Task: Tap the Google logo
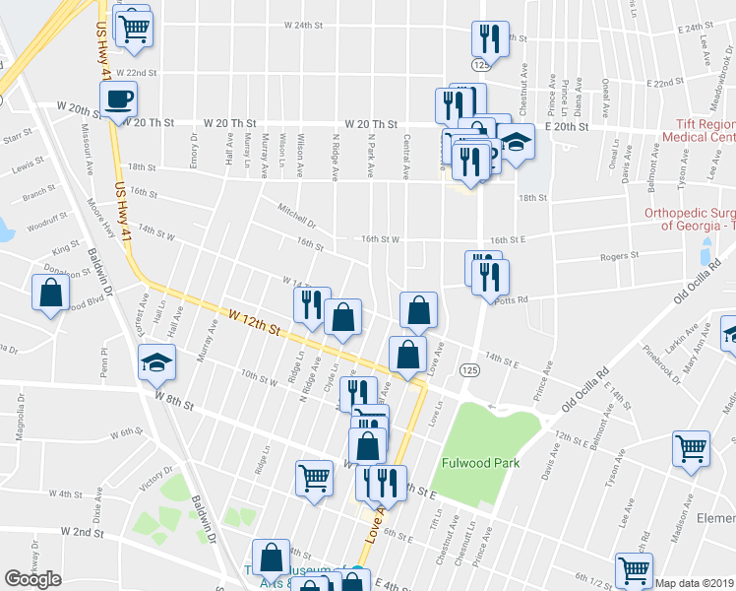pyautogui.click(x=32, y=579)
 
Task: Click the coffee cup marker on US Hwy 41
pyautogui.click(x=118, y=98)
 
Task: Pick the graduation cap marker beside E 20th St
pyautogui.click(x=516, y=142)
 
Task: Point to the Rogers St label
pyautogui.click(x=620, y=255)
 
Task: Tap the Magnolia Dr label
pyautogui.click(x=19, y=419)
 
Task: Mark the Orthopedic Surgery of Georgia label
pyautogui.click(x=689, y=219)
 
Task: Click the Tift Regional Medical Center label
pyautogui.click(x=705, y=131)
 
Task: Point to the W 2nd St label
pyautogui.click(x=82, y=531)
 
